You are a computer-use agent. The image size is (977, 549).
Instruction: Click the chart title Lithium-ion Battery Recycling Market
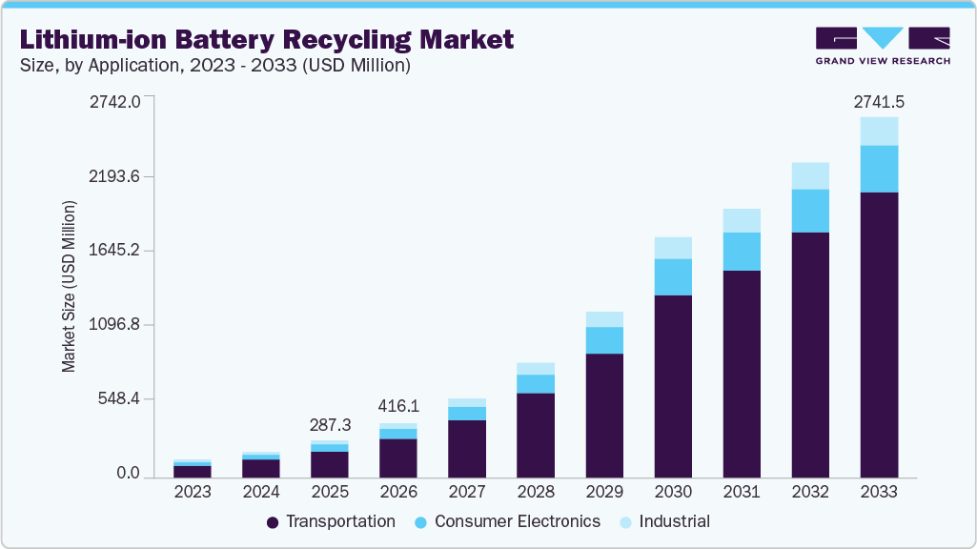pos(266,39)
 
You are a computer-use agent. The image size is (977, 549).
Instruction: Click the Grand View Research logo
pos(882,46)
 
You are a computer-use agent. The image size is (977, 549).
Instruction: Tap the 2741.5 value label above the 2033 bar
pos(878,101)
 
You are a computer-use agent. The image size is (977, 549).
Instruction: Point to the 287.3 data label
pos(330,425)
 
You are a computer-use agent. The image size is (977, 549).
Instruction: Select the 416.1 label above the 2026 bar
pos(398,406)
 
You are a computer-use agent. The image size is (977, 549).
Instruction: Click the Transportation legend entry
pos(331,521)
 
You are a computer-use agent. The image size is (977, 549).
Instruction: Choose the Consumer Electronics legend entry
pos(508,521)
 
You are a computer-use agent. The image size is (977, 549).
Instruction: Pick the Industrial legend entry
pos(664,521)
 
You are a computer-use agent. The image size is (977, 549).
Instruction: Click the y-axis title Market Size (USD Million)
pos(69,286)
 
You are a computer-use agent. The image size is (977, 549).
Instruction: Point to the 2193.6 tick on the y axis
pos(116,176)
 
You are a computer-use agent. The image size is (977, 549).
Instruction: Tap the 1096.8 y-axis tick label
pos(116,325)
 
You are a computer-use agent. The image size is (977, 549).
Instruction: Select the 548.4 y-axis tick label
pos(120,398)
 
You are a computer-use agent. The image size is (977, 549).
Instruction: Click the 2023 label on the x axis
pos(193,492)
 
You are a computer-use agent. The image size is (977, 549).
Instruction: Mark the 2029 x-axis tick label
pos(604,492)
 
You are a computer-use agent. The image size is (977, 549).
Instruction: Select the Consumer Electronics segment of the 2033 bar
pos(879,169)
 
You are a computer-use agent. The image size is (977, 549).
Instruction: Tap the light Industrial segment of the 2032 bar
pos(810,175)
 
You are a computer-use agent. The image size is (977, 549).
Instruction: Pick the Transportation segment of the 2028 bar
pos(536,435)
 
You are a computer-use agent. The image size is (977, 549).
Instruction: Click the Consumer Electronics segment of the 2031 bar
pos(742,252)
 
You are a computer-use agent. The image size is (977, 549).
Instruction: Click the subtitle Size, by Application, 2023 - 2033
pos(215,66)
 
